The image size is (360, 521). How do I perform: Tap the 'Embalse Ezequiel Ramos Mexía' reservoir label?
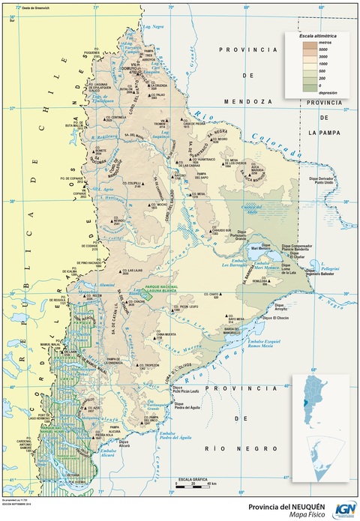point(258,343)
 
